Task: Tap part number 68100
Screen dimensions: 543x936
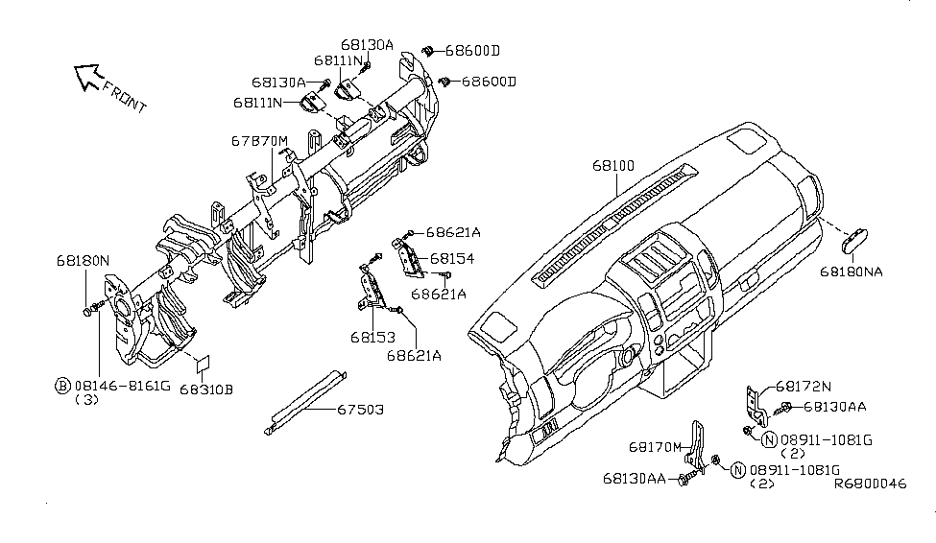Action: (x=612, y=166)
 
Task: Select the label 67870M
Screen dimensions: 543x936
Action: (x=258, y=140)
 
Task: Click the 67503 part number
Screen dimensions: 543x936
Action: (x=360, y=410)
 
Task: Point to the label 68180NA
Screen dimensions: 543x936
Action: (x=851, y=271)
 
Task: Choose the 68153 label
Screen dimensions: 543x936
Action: (x=372, y=337)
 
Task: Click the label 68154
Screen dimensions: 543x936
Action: (x=453, y=259)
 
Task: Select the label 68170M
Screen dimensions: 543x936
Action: (x=656, y=447)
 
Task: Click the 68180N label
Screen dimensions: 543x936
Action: (x=83, y=260)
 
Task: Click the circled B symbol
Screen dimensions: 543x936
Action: (x=61, y=386)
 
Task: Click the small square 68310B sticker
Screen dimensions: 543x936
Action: (x=204, y=366)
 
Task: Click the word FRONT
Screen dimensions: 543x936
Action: (x=125, y=99)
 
